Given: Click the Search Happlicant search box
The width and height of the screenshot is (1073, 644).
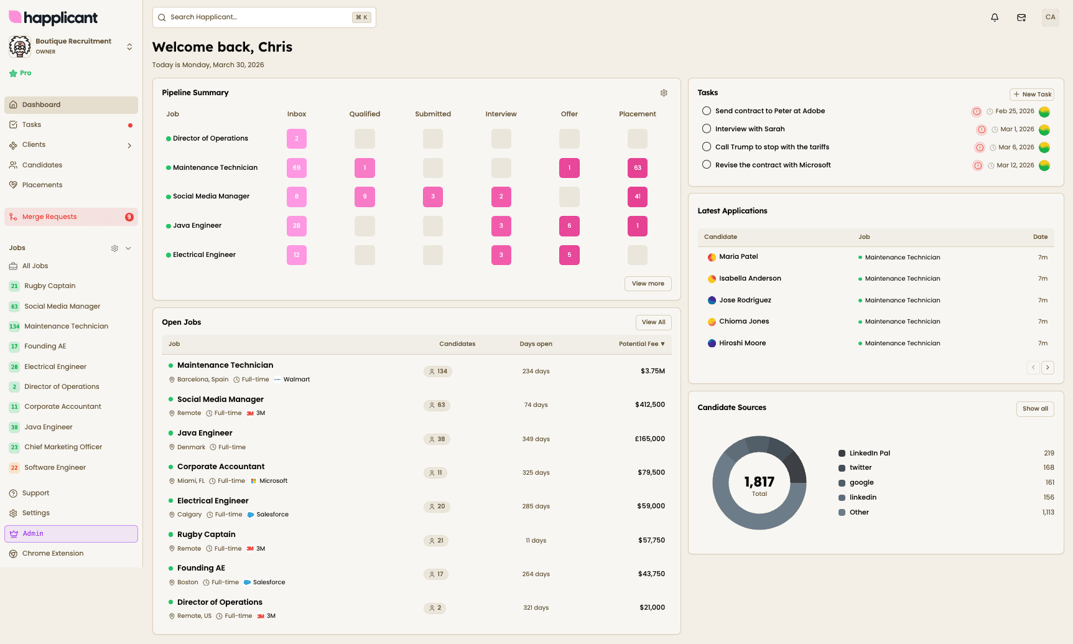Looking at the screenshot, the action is click(x=264, y=17).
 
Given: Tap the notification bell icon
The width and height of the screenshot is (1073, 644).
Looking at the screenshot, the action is click(x=995, y=17).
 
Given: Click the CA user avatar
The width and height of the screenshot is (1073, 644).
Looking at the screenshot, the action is click(x=1050, y=17).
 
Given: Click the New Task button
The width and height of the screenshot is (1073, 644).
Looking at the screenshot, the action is click(x=1032, y=95).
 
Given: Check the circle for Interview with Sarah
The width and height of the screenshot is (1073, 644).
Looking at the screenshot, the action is click(x=707, y=129).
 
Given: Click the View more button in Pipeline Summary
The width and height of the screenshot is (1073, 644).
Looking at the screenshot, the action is click(x=648, y=284).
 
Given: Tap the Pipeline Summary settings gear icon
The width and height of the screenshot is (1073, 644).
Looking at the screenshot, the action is click(x=664, y=93).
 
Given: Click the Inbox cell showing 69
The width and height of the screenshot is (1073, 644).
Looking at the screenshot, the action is click(x=297, y=168).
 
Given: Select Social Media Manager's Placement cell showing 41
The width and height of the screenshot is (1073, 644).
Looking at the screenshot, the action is click(x=638, y=197).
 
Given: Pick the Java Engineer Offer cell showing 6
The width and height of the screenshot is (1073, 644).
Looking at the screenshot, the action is click(x=569, y=226).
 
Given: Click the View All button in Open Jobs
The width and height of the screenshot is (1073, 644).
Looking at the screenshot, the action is click(x=653, y=322).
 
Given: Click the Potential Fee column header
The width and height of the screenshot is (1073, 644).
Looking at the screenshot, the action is click(x=641, y=344).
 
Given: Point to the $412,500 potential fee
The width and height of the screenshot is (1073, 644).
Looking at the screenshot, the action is click(x=650, y=404).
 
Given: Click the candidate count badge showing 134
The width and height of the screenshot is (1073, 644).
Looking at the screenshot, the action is click(x=438, y=371).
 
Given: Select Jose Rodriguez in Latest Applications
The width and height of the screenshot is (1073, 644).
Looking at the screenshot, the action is click(x=745, y=300).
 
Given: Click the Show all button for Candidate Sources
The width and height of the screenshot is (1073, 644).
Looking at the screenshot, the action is click(x=1035, y=409).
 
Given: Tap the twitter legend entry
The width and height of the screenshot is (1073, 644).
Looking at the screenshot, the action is click(x=860, y=468).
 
